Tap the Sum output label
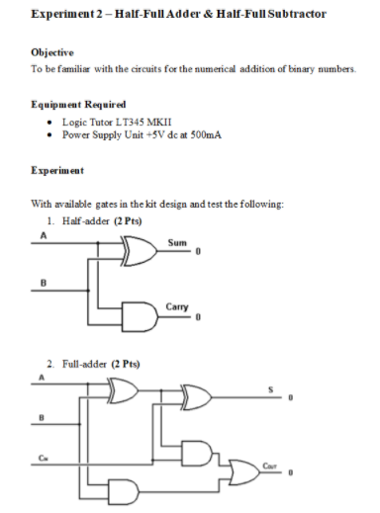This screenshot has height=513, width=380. click(x=177, y=240)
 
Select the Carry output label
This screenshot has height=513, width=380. click(x=178, y=304)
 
